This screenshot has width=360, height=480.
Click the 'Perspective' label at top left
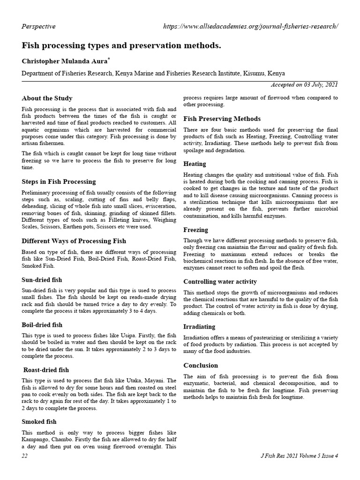pyautogui.click(x=38, y=27)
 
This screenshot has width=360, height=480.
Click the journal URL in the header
pyautogui.click(x=250, y=27)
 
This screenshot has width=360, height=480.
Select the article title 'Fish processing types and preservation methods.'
pyautogui.click(x=121, y=46)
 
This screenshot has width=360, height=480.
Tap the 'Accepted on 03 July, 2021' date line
pyautogui.click(x=304, y=85)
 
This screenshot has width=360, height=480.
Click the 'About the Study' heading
pyautogui.click(x=47, y=98)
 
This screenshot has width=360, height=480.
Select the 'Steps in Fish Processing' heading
pyautogui.click(x=59, y=181)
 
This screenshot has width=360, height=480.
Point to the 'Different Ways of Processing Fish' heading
pyautogui.click(x=74, y=241)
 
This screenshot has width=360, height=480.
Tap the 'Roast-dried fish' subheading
pyautogui.click(x=46, y=370)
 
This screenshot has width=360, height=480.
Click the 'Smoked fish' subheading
pyautogui.click(x=39, y=421)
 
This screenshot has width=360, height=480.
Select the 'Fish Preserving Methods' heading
pyautogui.click(x=222, y=119)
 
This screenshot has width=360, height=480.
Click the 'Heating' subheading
pyautogui.click(x=195, y=164)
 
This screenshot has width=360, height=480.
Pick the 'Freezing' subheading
pyautogui.click(x=195, y=230)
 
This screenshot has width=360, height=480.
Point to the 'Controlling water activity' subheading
pyautogui.click(x=220, y=282)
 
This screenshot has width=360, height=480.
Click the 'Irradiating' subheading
pyautogui.click(x=199, y=327)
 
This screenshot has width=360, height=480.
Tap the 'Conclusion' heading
pyautogui.click(x=201, y=365)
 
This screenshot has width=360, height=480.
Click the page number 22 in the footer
pyautogui.click(x=25, y=456)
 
